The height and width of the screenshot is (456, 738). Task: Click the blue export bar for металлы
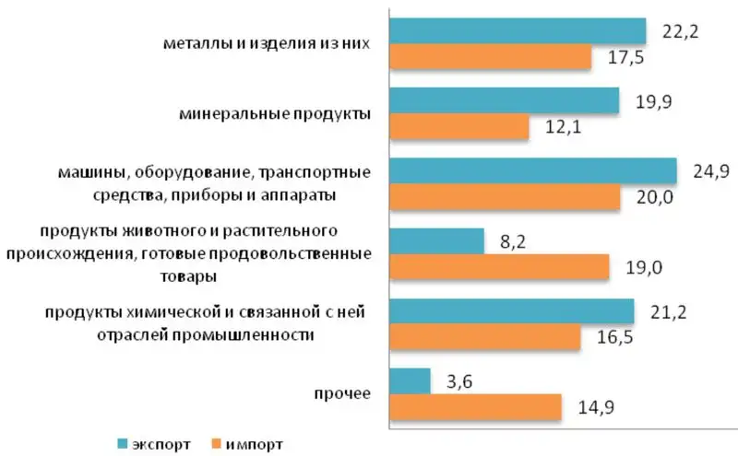[517, 31]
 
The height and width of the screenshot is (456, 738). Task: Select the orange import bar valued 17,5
[490, 57]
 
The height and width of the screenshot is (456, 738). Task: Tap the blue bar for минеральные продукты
[504, 101]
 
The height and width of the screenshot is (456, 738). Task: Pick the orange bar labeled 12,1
[458, 127]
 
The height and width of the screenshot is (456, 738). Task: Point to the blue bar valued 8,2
[436, 241]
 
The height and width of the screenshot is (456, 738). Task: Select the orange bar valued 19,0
[499, 267]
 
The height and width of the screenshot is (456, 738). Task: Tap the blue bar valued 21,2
[511, 311]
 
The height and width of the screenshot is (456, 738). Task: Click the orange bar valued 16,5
[484, 337]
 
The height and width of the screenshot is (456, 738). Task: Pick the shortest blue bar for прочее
[410, 381]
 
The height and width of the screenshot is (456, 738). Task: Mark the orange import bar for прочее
[475, 407]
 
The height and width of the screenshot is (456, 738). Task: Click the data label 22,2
[678, 31]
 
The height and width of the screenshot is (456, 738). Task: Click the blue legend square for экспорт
[123, 444]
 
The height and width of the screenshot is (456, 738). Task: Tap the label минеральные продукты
[274, 114]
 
